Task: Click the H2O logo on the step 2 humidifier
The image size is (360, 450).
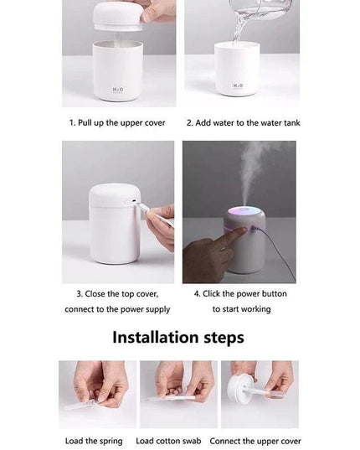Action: (238, 85)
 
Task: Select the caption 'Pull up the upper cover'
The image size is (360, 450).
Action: (122, 122)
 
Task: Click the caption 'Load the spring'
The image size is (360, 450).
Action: (94, 441)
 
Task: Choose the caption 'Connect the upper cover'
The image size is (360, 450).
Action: (255, 441)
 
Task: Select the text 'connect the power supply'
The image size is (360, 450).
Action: (117, 309)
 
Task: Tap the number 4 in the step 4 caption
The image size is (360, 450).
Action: (198, 294)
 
